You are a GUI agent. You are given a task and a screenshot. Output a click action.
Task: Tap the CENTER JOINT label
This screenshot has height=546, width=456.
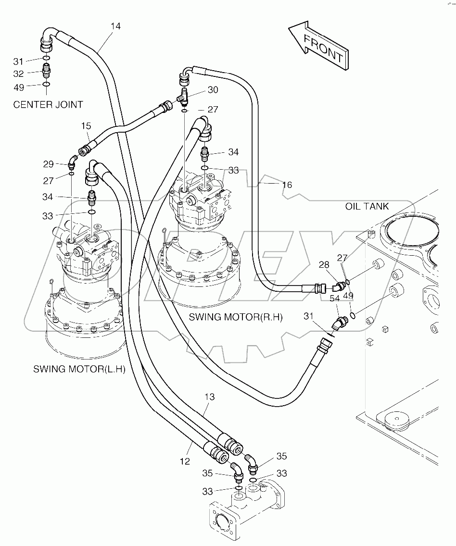48,104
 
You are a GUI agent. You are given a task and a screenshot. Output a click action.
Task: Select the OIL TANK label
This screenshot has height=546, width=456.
367,206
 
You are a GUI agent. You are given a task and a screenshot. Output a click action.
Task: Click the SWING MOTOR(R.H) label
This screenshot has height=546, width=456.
235,317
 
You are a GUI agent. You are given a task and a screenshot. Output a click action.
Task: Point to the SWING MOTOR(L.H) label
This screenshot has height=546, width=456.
79,369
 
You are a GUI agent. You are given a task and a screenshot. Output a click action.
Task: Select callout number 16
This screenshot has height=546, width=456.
287,185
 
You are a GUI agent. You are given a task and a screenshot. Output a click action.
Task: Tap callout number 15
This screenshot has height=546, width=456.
86,126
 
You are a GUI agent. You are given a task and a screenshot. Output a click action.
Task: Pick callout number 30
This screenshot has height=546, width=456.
213,90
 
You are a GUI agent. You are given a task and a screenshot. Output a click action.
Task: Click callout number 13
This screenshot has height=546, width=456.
209,397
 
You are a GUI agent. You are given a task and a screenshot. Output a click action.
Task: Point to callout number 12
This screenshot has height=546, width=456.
185,461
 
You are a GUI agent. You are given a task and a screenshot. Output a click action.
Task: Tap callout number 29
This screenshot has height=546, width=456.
48,164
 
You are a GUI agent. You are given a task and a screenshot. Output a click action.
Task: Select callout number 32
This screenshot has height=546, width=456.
18,74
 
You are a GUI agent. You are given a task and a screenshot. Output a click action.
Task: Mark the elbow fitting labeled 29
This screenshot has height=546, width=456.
72,162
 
